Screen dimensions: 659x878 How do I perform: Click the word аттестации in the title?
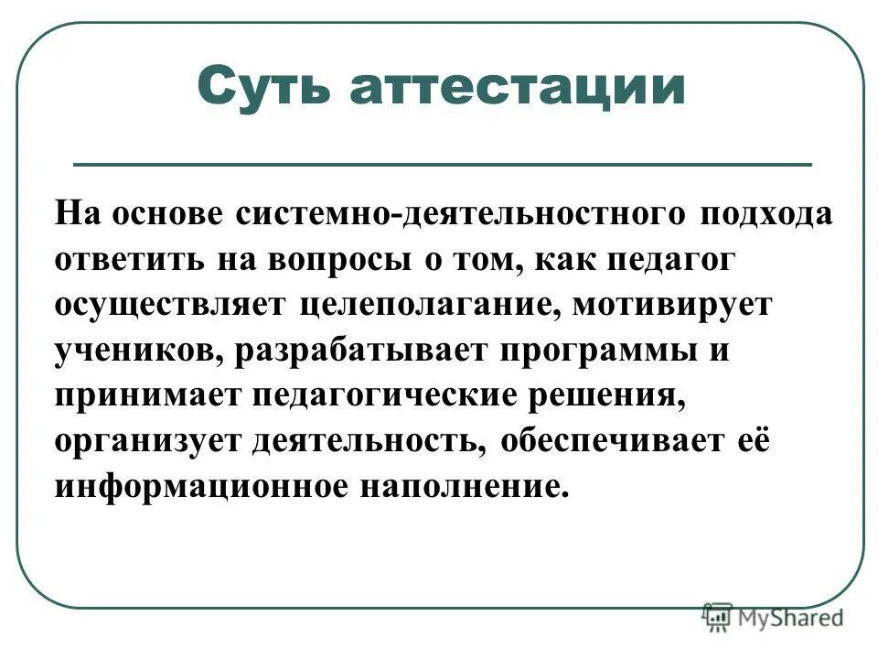pyautogui.click(x=518, y=89)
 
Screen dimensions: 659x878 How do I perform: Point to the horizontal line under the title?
pyautogui.click(x=442, y=165)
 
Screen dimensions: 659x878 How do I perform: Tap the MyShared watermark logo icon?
pyautogui.click(x=718, y=616)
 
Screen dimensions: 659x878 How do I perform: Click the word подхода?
pyautogui.click(x=766, y=215)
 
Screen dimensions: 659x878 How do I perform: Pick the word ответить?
pyautogui.click(x=131, y=260)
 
